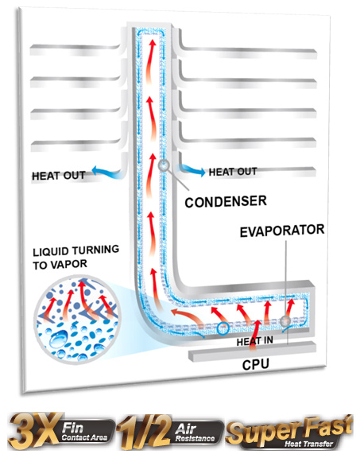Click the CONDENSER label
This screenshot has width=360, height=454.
tap(226, 201)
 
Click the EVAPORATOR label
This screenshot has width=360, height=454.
tap(282, 231)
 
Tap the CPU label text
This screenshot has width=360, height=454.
tap(256, 364)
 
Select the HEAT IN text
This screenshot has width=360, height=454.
tap(254, 341)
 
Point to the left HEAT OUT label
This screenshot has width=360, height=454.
tap(59, 176)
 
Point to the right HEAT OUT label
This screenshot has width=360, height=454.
tap(233, 172)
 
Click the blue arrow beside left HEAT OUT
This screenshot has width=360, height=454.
tap(107, 172)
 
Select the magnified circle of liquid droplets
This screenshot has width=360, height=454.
tap(78, 319)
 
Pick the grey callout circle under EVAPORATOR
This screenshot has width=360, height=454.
tap(285, 321)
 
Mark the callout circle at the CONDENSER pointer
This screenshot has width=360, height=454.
tap(164, 165)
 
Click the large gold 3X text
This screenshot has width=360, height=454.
tap(34, 432)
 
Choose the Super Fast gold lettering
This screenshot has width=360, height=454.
tap(289, 429)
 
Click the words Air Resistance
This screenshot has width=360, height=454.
tap(195, 433)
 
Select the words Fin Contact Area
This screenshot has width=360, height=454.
tap(84, 432)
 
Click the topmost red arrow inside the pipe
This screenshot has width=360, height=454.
tap(150, 61)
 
